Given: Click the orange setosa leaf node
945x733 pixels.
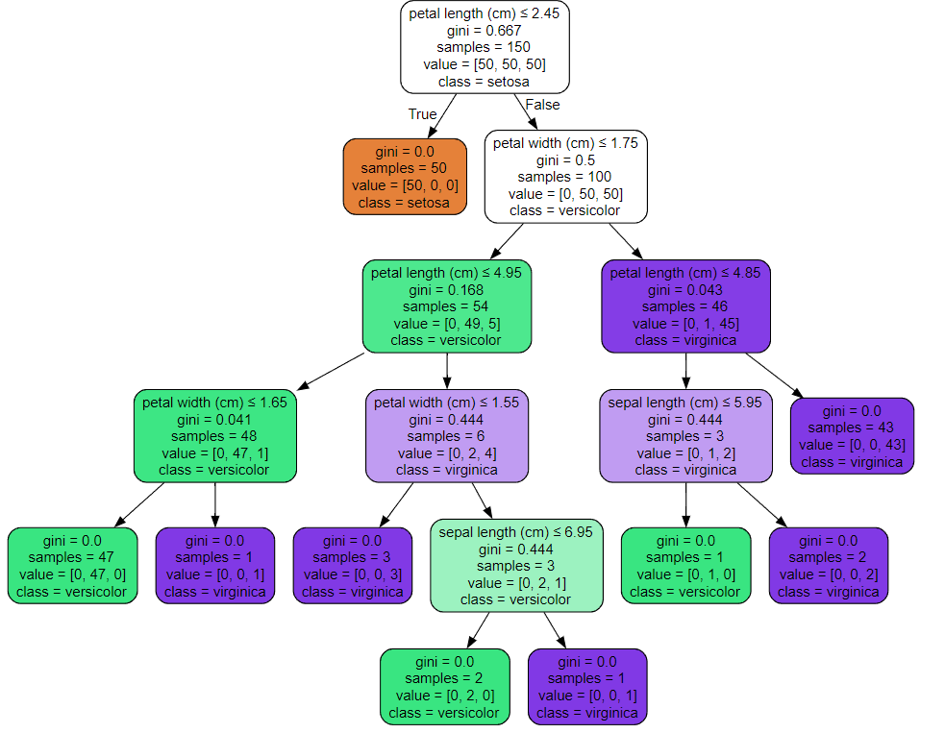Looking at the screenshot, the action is tap(405, 177).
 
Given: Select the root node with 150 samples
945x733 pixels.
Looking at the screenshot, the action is tap(485, 47).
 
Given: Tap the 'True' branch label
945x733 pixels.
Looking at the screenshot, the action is tap(422, 113).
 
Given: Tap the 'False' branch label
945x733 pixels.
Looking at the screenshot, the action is tap(542, 105).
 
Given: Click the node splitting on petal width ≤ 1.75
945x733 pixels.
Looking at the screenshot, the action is tap(566, 177).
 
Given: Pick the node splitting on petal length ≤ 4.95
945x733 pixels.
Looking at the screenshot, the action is tap(447, 305).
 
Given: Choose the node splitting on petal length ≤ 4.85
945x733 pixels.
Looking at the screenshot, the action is tap(685, 305).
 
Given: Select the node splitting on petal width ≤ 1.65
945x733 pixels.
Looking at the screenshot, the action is tap(215, 435).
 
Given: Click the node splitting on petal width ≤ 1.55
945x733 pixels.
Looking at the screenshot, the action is tap(447, 435).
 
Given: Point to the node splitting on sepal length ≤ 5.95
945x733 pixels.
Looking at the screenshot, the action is tap(685, 435).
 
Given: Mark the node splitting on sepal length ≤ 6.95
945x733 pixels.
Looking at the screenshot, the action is tap(516, 566).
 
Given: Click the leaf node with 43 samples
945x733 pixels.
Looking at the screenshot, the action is tap(852, 435).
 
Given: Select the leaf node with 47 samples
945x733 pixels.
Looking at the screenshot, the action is tap(72, 566).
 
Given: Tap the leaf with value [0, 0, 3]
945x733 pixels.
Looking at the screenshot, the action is tap(353, 566).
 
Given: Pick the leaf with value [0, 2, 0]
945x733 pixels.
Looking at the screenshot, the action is tap(445, 687).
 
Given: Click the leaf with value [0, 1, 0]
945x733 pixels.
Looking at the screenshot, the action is tap(685, 566).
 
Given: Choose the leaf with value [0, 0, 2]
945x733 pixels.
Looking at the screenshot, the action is tap(829, 566).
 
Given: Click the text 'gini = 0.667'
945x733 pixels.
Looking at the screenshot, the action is tap(484, 30).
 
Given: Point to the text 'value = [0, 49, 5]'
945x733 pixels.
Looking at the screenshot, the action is tap(447, 324).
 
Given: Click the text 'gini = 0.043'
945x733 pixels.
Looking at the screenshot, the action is tap(685, 290).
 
